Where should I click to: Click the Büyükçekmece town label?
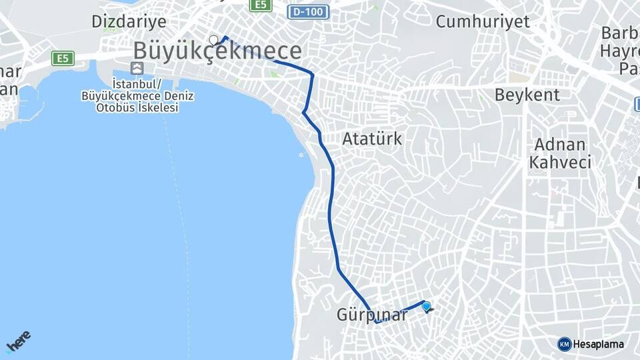coord(217,51)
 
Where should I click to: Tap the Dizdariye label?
coord(129,21)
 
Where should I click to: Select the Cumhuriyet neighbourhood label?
coord(483,21)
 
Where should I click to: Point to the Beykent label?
coord(527,95)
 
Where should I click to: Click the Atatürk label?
coord(372,139)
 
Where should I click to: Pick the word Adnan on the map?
coord(559,145)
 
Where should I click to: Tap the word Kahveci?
coord(560,163)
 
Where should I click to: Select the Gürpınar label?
coord(372,315)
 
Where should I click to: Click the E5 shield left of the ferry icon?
coord(62,59)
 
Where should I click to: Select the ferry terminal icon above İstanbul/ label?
coord(137,68)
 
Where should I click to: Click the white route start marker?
coord(213,39)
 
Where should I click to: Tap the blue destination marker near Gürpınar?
coord(426,306)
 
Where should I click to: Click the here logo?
coord(19,343)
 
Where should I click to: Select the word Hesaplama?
coord(598,344)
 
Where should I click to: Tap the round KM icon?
coord(564,344)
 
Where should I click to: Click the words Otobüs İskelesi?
coord(137,108)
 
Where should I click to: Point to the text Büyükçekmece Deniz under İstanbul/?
coord(137,96)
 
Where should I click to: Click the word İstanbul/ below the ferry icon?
coord(137,84)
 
